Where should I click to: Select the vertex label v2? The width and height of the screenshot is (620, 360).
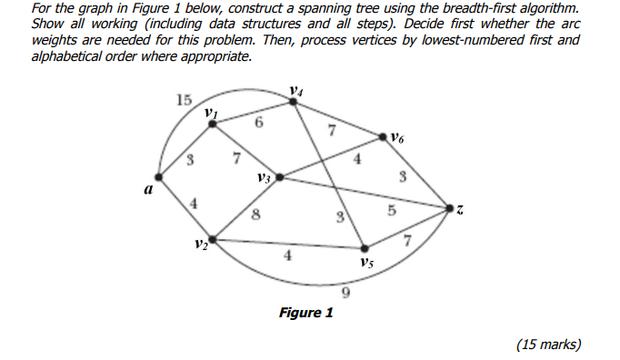(200, 245)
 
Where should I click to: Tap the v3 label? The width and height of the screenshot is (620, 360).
(265, 177)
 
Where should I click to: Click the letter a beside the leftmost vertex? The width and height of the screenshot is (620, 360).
(146, 189)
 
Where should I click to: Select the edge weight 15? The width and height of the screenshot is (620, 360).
(185, 99)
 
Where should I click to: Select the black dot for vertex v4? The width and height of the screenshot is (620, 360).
(293, 102)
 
